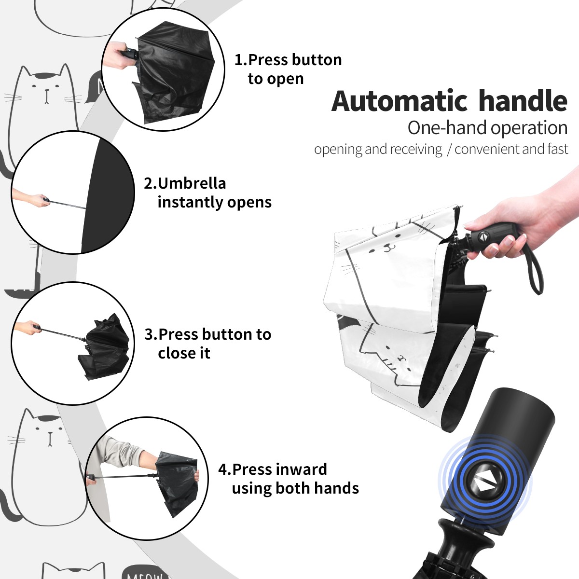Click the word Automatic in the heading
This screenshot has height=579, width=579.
tap(399, 101)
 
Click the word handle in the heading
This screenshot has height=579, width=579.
tap(523, 100)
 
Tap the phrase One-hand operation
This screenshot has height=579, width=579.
tap(487, 128)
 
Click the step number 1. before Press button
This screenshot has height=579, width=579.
tap(240, 60)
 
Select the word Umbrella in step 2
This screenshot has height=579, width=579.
tap(192, 183)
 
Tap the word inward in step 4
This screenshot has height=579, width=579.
tap(302, 469)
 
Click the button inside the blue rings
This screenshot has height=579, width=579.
tap(484, 484)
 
